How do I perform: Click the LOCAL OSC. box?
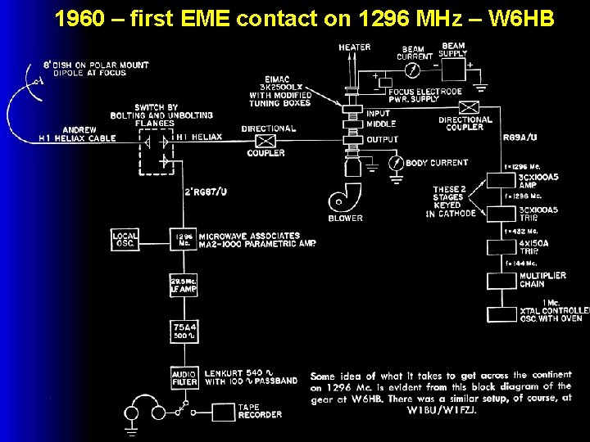(x=125, y=240)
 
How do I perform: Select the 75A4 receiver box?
(x=184, y=331)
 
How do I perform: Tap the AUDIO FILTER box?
(x=184, y=377)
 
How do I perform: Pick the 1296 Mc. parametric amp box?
(x=184, y=240)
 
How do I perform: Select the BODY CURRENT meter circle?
(x=396, y=164)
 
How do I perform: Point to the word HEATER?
(x=354, y=47)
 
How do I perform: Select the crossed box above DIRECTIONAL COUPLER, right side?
(x=469, y=107)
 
